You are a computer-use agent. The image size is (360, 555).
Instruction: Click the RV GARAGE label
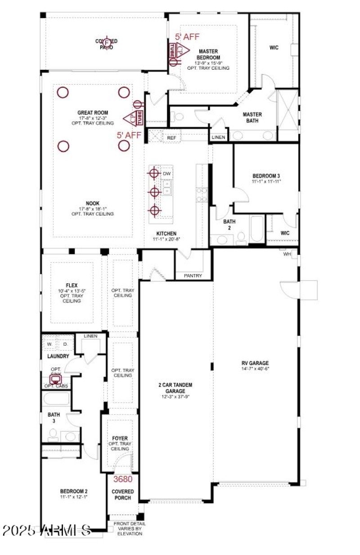tap(254, 362)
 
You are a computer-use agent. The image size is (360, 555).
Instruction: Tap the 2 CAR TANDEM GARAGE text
tap(175, 388)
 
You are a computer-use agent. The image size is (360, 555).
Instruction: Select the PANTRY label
tap(193, 275)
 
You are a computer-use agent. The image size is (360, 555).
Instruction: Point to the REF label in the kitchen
tap(171, 138)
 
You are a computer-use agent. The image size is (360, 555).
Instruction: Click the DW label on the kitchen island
tap(166, 173)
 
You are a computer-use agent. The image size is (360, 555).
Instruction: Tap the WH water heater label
tap(287, 254)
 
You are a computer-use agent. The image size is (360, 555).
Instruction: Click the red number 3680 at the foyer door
tap(123, 479)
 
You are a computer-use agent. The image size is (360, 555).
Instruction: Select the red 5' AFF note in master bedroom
tap(187, 37)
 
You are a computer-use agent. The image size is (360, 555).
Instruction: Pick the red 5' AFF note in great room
tap(129, 135)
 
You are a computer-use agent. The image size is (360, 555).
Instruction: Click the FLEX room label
tap(72, 285)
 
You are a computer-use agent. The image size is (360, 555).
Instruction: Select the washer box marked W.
tap(50, 344)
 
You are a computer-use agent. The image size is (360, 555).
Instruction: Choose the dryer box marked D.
tap(65, 344)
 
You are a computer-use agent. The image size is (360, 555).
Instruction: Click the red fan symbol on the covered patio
tap(107, 43)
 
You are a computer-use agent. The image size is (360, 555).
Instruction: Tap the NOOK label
tap(92, 203)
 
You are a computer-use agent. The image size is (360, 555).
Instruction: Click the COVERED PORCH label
tap(123, 495)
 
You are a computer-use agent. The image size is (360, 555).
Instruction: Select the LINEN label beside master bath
tap(218, 137)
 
